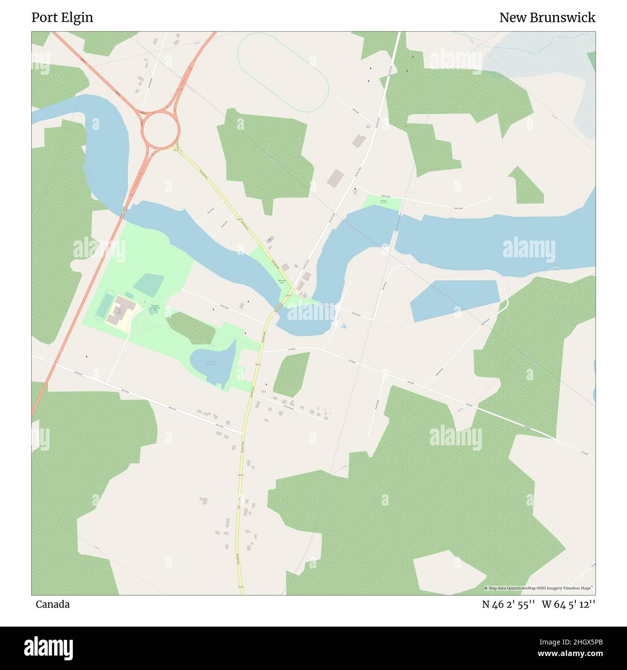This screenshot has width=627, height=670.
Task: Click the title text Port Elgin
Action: point(62,17)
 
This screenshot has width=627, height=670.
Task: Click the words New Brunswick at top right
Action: point(547,17)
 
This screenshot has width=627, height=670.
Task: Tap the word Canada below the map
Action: point(53,604)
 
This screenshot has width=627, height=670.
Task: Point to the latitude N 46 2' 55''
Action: point(508,604)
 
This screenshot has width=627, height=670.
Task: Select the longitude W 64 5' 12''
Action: point(569,604)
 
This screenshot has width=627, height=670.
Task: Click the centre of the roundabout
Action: point(161,129)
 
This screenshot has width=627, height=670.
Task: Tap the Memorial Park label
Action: point(282,281)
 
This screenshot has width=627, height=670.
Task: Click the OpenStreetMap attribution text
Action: point(539,588)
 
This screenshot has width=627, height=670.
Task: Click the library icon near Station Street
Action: point(355,188)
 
